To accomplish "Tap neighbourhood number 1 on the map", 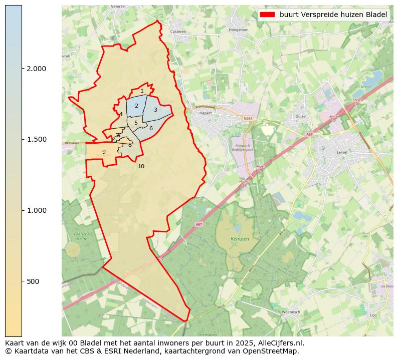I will (x=142, y=91).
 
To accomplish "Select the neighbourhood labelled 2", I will (x=136, y=106).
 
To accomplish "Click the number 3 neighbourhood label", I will (x=155, y=110).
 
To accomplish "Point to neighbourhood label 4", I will (x=121, y=114).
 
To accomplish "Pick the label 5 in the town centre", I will (x=136, y=123).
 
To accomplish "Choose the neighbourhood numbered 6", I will (x=151, y=128).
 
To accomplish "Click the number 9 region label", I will (x=104, y=152).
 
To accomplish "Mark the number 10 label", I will (x=141, y=166).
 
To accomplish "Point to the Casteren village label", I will (x=178, y=32).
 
